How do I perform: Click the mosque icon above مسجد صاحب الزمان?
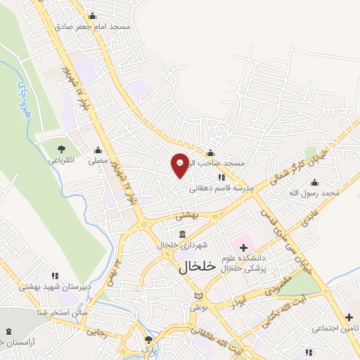tap(210, 154)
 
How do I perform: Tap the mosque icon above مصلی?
tap(98, 150)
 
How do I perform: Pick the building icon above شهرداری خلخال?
tap(182, 234)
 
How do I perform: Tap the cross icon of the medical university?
tap(244, 247)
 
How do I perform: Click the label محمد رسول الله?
tap(314, 193)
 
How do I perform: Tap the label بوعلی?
tap(199, 307)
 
